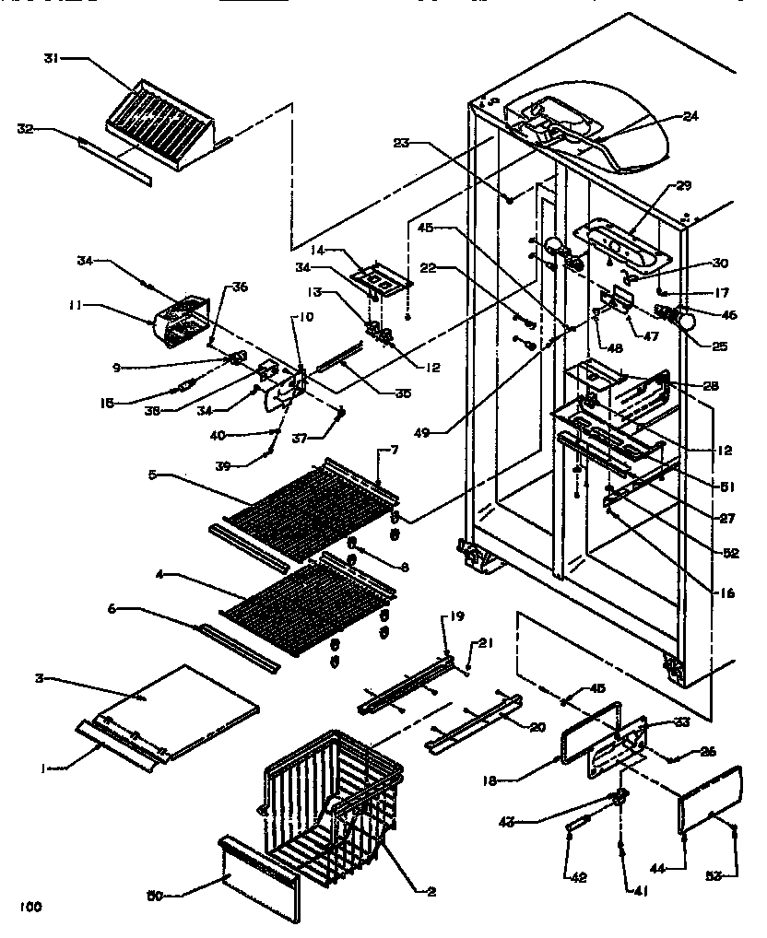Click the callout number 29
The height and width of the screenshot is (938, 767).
point(682,186)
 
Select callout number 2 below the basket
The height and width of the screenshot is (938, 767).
point(431,891)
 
